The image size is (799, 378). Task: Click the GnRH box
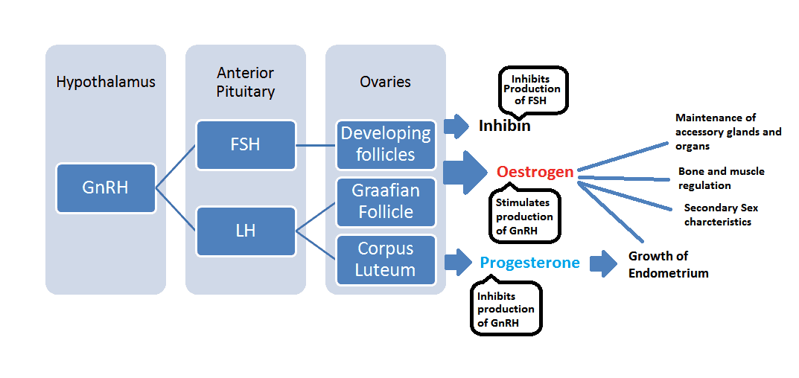(x=105, y=188)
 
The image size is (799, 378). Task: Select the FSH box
(x=245, y=144)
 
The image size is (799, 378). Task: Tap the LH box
(x=245, y=231)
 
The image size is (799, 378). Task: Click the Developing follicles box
(x=385, y=144)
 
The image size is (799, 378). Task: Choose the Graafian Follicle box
(x=385, y=202)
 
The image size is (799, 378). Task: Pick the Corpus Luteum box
(x=385, y=259)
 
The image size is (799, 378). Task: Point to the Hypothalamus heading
(x=106, y=82)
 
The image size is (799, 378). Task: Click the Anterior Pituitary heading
(x=245, y=83)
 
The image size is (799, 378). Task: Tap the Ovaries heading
(x=385, y=82)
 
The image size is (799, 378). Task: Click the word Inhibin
(x=504, y=126)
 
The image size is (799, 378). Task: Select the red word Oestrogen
(x=535, y=172)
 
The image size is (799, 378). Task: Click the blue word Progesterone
(x=529, y=263)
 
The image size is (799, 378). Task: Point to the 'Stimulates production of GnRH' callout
(x=525, y=217)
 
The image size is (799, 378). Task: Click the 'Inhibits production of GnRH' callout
(x=506, y=308)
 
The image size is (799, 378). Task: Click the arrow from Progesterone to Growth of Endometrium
(x=604, y=263)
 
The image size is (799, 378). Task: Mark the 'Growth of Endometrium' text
(x=668, y=264)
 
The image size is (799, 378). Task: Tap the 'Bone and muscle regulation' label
(x=721, y=178)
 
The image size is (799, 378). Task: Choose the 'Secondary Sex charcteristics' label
(x=721, y=215)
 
